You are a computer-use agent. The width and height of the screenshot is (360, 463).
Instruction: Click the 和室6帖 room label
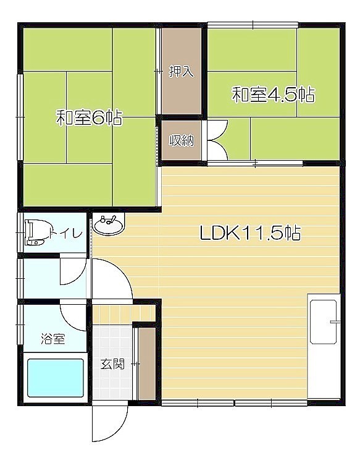(x=89, y=117)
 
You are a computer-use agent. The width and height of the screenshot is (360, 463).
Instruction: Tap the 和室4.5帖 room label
(x=274, y=95)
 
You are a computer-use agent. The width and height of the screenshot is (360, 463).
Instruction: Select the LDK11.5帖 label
(x=250, y=233)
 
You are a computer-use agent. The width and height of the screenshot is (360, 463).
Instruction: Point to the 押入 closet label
(x=181, y=71)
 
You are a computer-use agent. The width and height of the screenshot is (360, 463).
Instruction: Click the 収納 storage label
(x=181, y=140)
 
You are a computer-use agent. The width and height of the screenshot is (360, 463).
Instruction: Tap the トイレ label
(x=65, y=233)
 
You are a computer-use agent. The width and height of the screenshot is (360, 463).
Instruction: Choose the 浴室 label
(x=53, y=338)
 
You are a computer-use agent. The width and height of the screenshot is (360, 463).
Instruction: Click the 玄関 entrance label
(x=112, y=363)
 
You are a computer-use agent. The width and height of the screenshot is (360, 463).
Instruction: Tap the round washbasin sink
(x=109, y=224)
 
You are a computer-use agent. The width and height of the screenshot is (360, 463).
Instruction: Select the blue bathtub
(x=56, y=378)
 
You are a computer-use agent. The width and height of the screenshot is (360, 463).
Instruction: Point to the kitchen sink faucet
(x=335, y=321)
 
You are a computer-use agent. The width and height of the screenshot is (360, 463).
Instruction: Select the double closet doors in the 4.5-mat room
(x=217, y=140)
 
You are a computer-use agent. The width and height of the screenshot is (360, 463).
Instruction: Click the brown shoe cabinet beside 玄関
(x=147, y=363)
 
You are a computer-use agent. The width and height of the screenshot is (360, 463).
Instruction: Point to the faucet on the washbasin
(x=108, y=219)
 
